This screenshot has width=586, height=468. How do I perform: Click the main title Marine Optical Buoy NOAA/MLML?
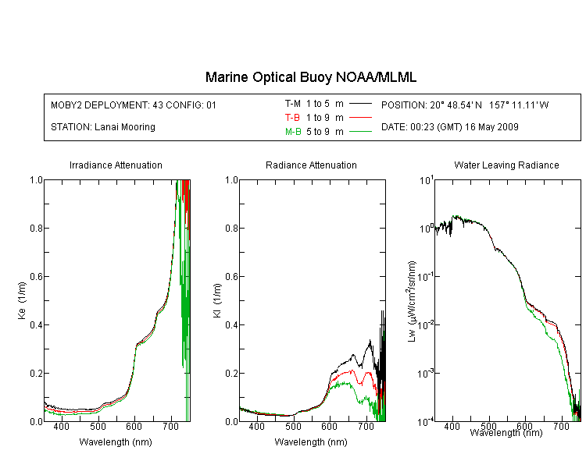coord(310,77)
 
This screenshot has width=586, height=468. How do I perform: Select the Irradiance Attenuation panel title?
coord(116,165)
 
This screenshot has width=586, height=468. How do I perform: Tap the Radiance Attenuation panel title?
coord(311,165)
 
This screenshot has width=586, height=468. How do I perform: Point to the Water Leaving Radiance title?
coord(506,165)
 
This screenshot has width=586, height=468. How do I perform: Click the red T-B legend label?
coord(292,118)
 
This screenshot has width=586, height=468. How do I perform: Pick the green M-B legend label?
coord(293,131)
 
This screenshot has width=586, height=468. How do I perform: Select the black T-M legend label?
coord(293,104)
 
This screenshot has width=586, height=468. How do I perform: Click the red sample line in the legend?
coord(360,118)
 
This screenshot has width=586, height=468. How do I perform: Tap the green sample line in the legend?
coord(360,131)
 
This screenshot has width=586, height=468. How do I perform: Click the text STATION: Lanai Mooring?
coord(103,127)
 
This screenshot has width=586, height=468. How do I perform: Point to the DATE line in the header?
coord(449,127)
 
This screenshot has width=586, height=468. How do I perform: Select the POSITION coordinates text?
coord(465,105)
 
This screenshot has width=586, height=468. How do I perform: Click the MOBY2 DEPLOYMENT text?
coord(134,105)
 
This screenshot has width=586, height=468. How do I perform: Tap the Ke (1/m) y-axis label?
coord(22,301)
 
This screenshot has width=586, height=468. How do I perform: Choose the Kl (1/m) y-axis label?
coord(217,301)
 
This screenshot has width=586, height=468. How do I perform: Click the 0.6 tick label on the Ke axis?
coord(36,277)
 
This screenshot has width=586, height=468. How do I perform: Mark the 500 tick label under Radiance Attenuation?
coord(293,426)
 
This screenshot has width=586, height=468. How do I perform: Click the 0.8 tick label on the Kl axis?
coord(231,228)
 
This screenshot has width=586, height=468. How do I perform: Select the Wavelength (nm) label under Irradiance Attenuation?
coord(116,442)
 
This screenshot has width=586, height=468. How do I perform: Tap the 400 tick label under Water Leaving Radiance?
coord(452,426)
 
